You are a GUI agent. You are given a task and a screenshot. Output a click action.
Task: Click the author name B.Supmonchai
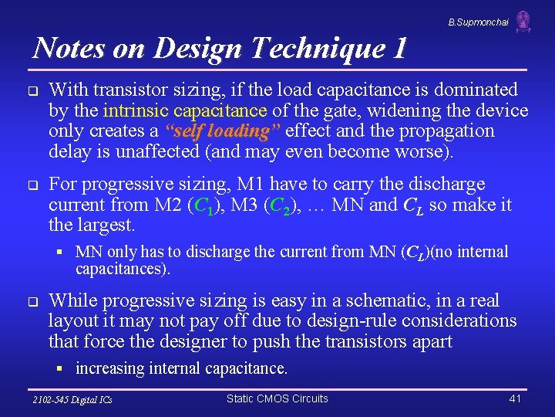478,23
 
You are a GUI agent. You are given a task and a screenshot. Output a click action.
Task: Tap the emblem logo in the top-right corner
523,21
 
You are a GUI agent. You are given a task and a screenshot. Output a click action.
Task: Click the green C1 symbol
203,206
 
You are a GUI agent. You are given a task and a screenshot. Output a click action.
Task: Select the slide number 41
516,398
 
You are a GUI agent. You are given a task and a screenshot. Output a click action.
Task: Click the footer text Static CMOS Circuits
277,398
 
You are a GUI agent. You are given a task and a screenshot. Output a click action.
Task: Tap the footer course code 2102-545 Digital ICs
72,400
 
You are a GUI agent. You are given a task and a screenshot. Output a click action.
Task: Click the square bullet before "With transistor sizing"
33,91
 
